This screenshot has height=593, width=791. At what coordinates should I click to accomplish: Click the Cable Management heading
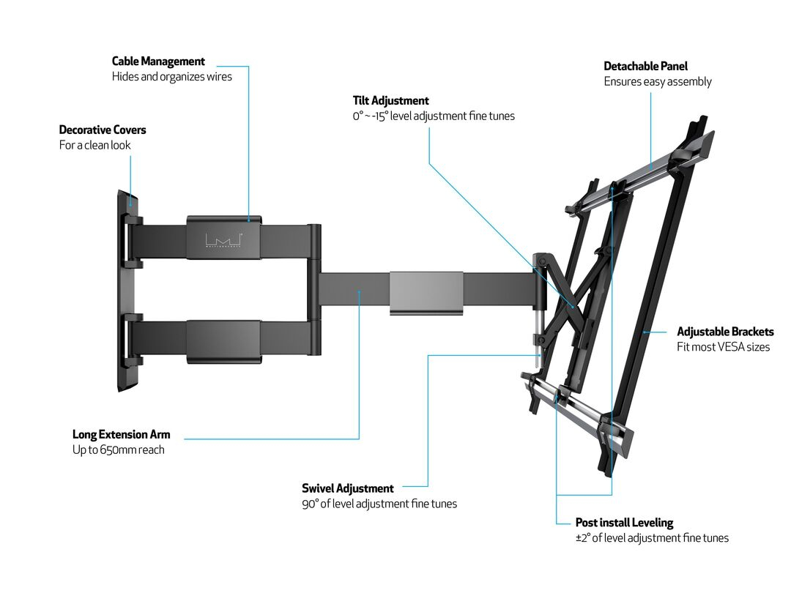(158, 61)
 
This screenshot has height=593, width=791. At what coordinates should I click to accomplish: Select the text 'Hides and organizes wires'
(171, 76)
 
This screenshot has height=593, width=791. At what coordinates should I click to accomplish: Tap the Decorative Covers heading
(103, 130)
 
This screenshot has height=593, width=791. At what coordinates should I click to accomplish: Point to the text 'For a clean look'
(95, 145)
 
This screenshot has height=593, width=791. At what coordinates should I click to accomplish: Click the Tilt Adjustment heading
(390, 101)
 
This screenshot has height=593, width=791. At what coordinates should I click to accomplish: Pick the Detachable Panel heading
(645, 67)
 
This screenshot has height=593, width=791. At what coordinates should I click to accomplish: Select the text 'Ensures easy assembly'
(657, 81)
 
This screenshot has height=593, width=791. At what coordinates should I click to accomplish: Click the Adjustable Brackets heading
(725, 332)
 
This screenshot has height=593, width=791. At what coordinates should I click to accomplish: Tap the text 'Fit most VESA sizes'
(723, 346)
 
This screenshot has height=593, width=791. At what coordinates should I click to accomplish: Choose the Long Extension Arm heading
(121, 435)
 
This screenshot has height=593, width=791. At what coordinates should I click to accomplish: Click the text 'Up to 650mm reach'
(118, 450)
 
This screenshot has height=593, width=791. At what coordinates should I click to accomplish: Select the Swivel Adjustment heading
(347, 488)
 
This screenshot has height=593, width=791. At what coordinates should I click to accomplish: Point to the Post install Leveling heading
(624, 523)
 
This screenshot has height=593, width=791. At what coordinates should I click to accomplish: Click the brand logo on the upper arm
(224, 240)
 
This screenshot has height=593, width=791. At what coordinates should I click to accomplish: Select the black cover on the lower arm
(223, 341)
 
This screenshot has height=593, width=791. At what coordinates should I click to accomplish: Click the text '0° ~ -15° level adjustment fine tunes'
(434, 116)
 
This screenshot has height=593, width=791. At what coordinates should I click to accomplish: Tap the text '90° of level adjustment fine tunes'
(379, 504)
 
